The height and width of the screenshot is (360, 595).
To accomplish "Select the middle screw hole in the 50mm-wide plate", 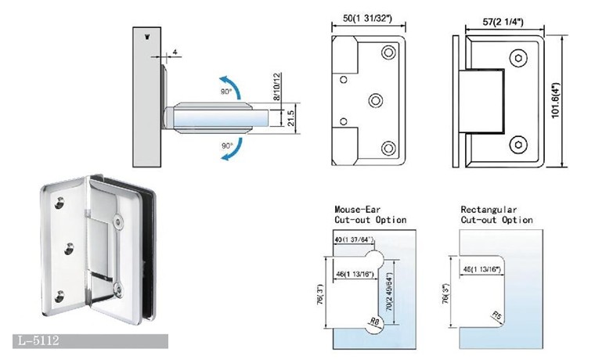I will point(375,100).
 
